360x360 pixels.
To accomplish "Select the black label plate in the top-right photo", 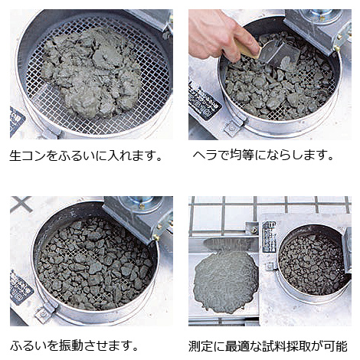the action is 205,102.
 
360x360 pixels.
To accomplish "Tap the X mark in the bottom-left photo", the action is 21,204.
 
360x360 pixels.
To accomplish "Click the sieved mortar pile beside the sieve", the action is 225,281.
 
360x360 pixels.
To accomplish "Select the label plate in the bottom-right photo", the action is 269,237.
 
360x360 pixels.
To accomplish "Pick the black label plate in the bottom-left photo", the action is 21,287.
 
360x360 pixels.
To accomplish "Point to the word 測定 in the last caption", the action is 201,346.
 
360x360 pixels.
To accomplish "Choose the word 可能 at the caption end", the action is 335,346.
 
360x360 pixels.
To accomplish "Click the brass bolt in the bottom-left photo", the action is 155,238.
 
